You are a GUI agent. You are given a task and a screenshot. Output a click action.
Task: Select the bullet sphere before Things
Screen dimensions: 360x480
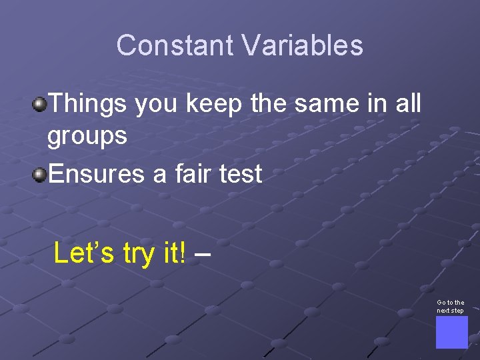41,103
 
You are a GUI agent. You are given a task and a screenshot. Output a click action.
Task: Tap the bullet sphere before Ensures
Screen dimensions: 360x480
41,175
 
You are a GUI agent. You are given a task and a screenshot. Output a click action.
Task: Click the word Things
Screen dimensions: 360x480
88,103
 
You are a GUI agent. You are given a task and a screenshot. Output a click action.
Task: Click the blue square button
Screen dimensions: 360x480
451,332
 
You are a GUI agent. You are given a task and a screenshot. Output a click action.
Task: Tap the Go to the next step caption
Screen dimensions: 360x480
451,306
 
